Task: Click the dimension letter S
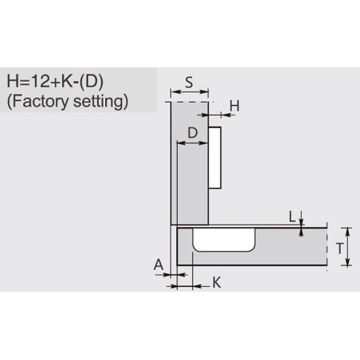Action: (189, 83)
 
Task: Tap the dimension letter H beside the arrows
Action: (235, 106)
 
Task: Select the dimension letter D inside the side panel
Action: (193, 132)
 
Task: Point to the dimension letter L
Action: (292, 217)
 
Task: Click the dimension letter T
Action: (339, 248)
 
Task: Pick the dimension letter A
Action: (158, 264)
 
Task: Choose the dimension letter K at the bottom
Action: (217, 283)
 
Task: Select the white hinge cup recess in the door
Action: (224, 240)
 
